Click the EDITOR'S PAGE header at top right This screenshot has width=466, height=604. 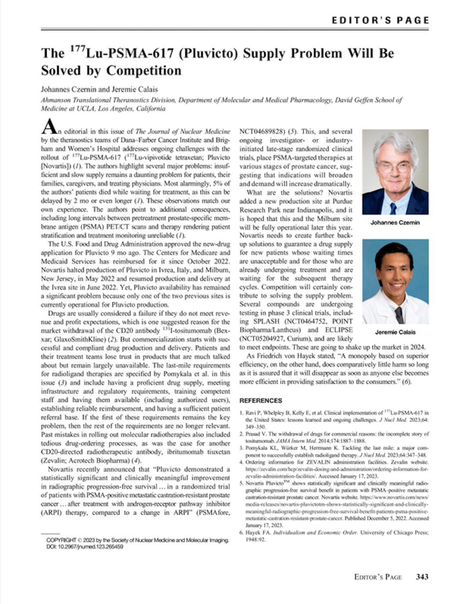tap(380, 20)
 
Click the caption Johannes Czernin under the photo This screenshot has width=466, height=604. tap(395, 223)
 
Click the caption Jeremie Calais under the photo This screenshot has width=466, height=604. tap(395, 332)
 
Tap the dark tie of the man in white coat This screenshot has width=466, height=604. tap(399, 315)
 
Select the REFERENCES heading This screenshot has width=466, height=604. tap(261, 400)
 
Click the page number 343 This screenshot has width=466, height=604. tap(422, 576)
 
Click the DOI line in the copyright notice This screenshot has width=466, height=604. tap(85, 547)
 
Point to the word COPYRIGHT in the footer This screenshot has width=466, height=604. tap(61, 540)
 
